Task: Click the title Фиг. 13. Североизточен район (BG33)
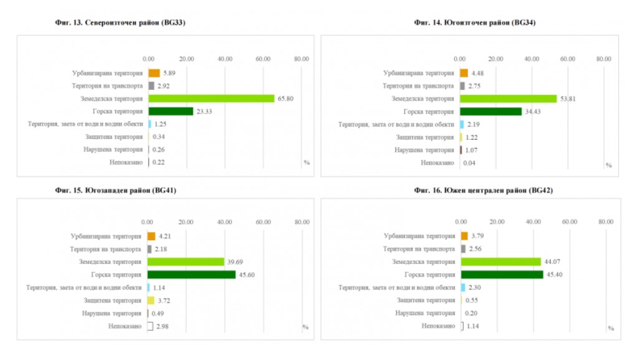point(120,22)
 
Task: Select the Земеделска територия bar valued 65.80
point(211,99)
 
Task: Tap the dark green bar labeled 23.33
point(171,111)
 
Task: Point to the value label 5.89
point(170,73)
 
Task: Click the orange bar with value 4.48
point(463,73)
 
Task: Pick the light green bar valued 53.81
point(508,99)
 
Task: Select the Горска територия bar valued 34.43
point(491,112)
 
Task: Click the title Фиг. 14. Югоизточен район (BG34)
point(475,22)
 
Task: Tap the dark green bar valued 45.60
point(192,275)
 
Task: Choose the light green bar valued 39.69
point(186,262)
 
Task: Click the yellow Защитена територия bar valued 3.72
point(151,300)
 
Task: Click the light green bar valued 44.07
point(501,262)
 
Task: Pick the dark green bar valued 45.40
point(502,275)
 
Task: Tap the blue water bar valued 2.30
point(463,288)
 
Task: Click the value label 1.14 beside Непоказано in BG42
point(473,326)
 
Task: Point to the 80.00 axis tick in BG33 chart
point(301,59)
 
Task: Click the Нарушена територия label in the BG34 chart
point(424,150)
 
